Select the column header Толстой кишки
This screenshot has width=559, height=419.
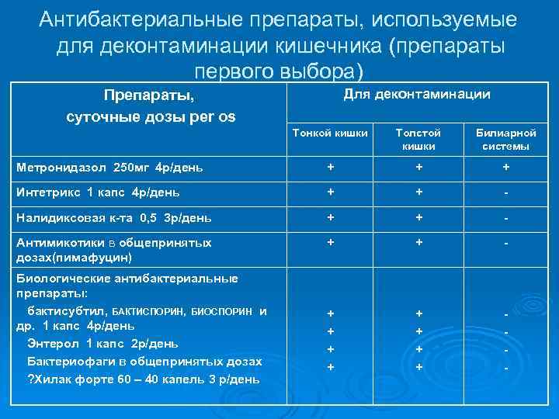point(418,140)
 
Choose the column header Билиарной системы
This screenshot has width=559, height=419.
point(505,140)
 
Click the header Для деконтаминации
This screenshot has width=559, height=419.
point(416,94)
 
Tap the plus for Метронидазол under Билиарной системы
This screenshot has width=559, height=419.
point(505,167)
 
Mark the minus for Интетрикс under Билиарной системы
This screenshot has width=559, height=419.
point(505,192)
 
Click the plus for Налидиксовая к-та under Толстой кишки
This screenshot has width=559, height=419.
point(419,219)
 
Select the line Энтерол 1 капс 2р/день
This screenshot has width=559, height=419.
point(102,343)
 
